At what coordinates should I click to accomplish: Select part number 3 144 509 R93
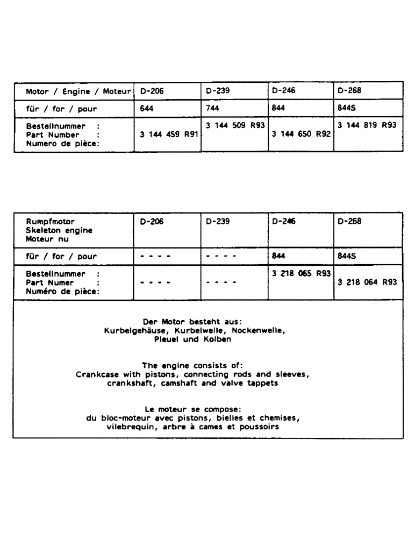click(x=235, y=125)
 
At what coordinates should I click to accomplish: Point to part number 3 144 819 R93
click(x=368, y=125)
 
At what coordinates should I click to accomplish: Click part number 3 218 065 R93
click(x=302, y=273)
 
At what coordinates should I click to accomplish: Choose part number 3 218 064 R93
click(x=368, y=282)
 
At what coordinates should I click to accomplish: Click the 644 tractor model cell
click(x=147, y=108)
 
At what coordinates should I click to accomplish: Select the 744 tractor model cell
click(x=212, y=108)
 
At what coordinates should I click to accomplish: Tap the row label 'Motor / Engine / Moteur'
click(x=79, y=91)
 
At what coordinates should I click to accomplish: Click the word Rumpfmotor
click(x=51, y=222)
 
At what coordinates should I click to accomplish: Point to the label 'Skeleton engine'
click(x=59, y=230)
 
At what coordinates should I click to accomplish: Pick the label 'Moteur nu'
click(x=47, y=238)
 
